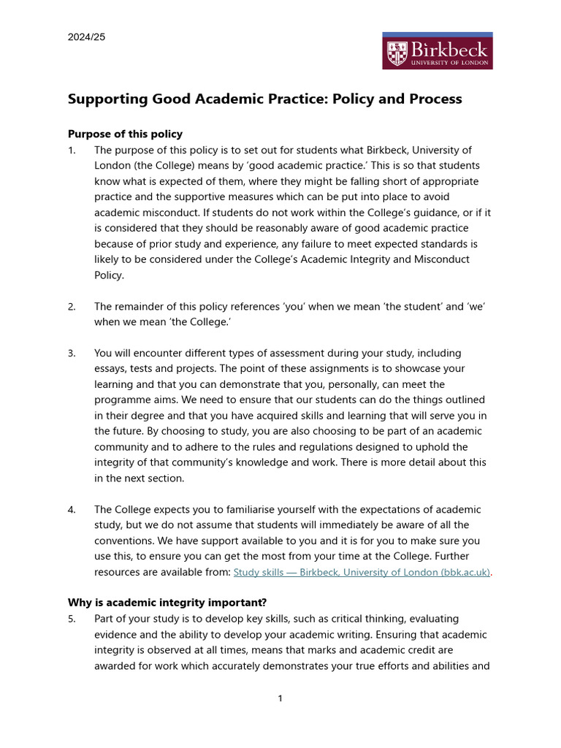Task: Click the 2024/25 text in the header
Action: (86, 37)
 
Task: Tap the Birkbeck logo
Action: (437, 51)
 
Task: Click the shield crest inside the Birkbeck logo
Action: (398, 53)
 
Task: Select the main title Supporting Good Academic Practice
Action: (264, 99)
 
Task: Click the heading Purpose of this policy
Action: (125, 134)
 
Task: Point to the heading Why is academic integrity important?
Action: (167, 603)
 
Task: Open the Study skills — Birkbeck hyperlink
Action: (362, 572)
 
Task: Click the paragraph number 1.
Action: (72, 150)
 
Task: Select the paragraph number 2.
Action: (72, 306)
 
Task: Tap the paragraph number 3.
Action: (72, 353)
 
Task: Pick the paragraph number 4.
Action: (72, 509)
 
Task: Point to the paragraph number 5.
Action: (72, 619)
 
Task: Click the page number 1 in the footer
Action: (280, 699)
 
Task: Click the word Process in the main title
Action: (435, 99)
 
